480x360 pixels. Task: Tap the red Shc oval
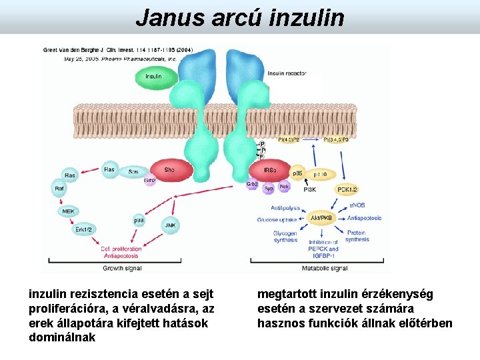[169, 171]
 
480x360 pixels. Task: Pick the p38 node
[139, 219]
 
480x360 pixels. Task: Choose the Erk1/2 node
[83, 229]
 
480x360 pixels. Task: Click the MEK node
[69, 211]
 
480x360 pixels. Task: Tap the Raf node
[60, 189]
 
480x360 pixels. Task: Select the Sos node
[134, 171]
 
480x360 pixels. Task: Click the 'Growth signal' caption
[122, 268]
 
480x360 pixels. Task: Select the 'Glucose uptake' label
[277, 219]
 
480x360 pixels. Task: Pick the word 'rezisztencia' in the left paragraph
[99, 294]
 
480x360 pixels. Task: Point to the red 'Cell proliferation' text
[121, 249]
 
